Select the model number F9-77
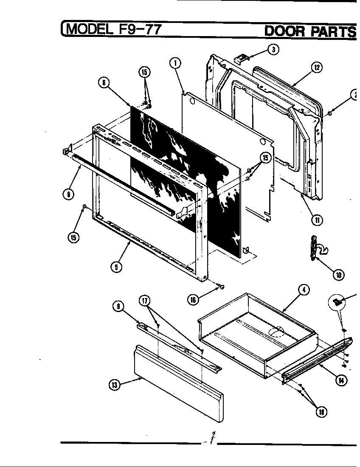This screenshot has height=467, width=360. coord(138,30)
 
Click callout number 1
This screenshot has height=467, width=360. coord(174,63)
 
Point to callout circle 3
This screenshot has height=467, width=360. coord(274,49)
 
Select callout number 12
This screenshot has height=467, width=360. coord(316,67)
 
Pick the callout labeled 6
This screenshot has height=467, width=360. coord(104,83)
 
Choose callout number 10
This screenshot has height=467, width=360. coord(339,275)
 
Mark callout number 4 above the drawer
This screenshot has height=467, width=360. coord(304,290)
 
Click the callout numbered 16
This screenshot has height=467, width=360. coord(194,299)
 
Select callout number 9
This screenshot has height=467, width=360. coord(118,305)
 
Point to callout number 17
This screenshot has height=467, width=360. coord(145,301)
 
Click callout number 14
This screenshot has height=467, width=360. coord(340,380)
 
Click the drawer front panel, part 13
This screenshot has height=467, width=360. coord(178,384)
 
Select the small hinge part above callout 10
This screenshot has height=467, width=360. coord(315,250)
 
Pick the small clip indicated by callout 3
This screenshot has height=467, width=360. coord(241,57)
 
